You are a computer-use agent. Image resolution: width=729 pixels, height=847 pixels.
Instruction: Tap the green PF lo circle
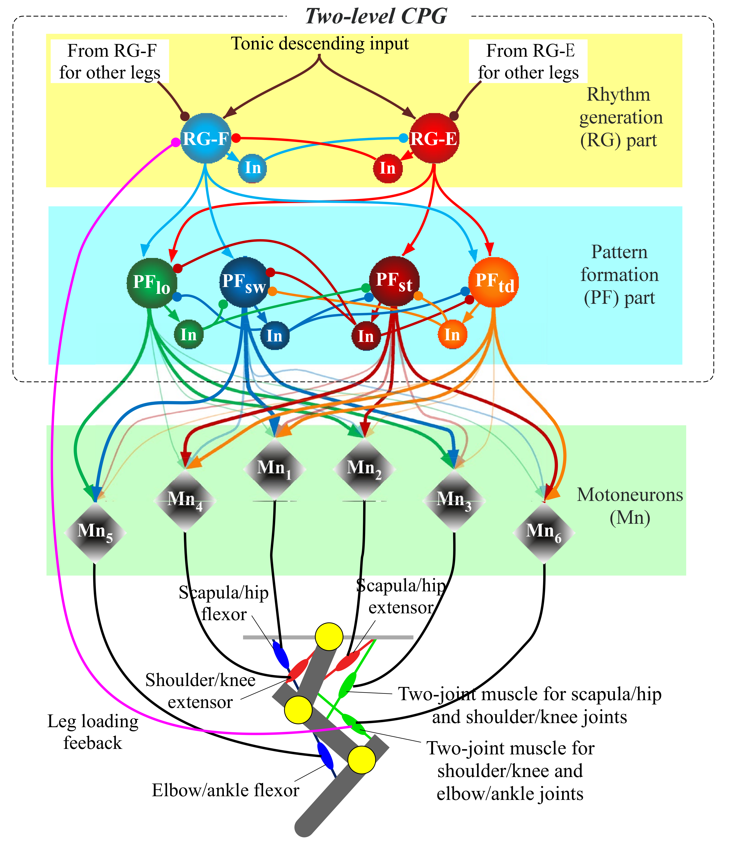pyautogui.click(x=152, y=283)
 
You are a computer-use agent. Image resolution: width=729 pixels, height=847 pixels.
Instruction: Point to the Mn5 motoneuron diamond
pyautogui.click(x=95, y=532)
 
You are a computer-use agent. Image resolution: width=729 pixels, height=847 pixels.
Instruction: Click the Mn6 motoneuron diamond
pyautogui.click(x=544, y=532)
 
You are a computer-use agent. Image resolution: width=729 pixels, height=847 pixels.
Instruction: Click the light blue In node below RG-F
pyautogui.click(x=252, y=168)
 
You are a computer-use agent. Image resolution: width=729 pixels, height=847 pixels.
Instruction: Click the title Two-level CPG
pyautogui.click(x=376, y=16)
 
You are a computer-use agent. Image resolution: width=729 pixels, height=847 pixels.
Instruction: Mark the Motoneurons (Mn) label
pyautogui.click(x=630, y=506)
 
